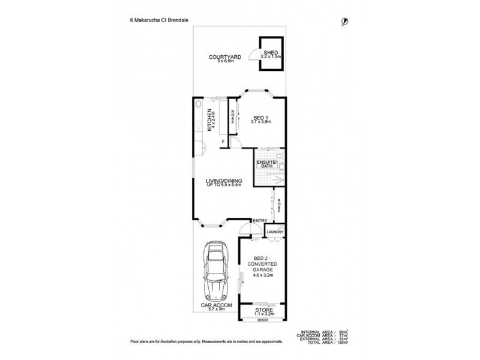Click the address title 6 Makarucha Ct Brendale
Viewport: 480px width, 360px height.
coord(159,19)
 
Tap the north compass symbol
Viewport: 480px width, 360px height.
coord(345,22)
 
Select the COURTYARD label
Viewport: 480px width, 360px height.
coord(224,57)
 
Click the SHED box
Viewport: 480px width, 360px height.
coord(271,53)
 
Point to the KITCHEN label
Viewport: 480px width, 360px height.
coord(209,120)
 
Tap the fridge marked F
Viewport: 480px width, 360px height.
coord(223,141)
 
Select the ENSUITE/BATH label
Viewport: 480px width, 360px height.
coord(266,164)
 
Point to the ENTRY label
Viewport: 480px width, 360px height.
coord(259,221)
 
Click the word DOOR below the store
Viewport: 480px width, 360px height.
coord(261,320)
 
